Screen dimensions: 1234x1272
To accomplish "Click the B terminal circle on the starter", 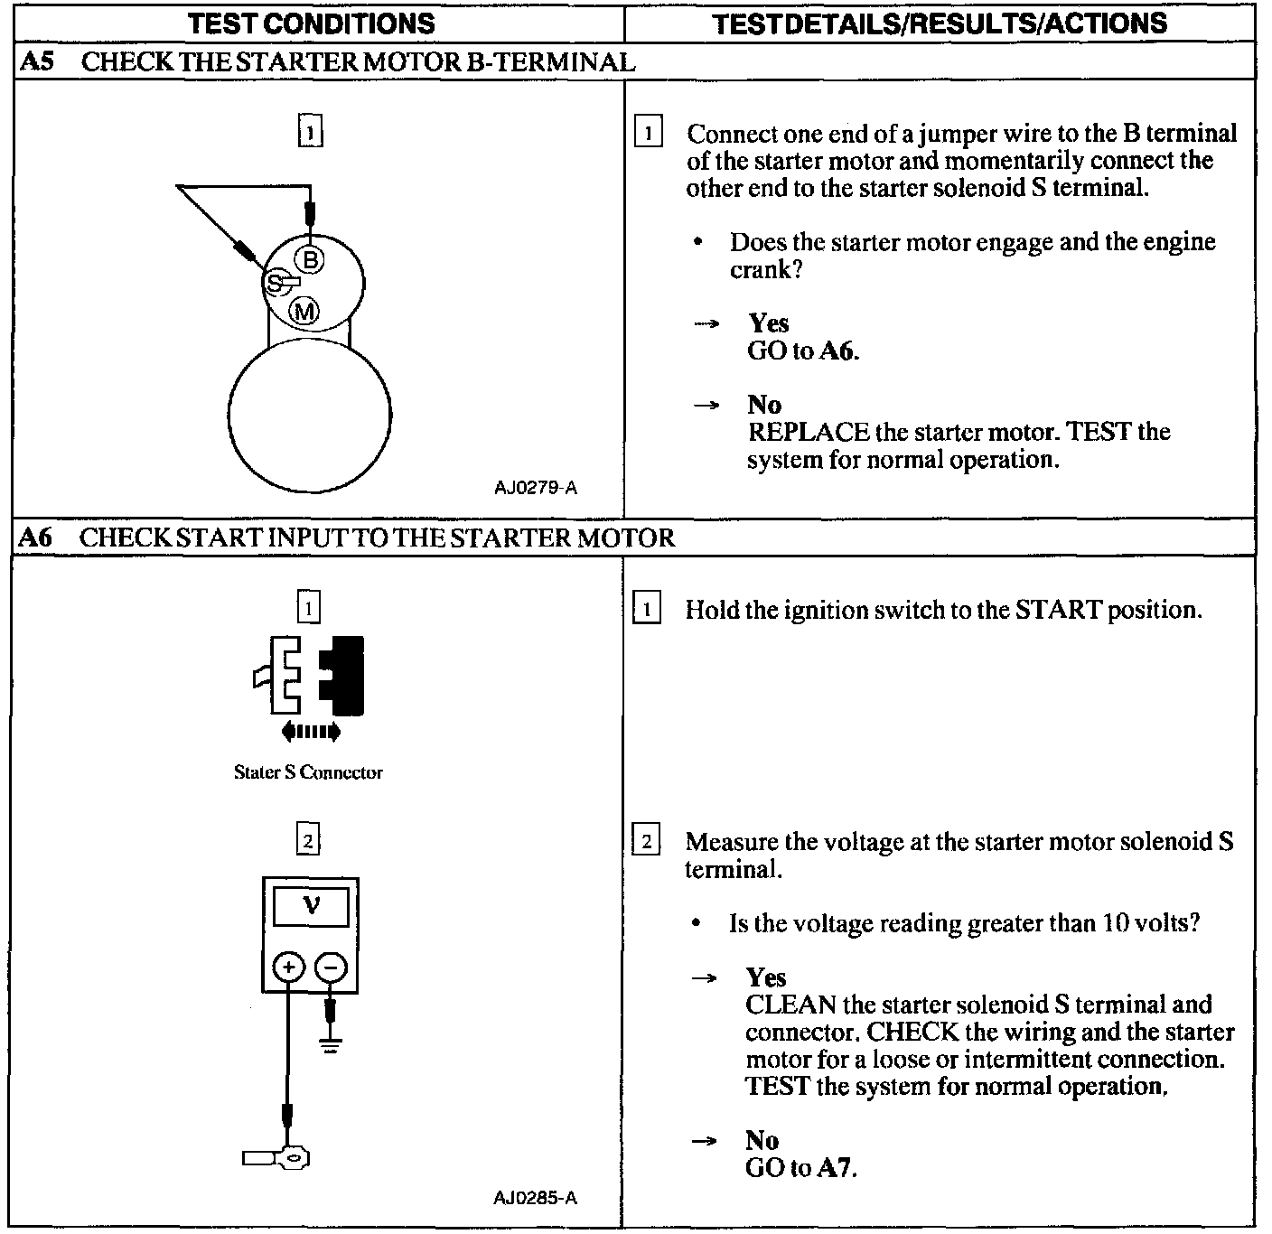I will pos(310,261).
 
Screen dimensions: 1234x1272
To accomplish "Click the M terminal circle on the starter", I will pos(304,312).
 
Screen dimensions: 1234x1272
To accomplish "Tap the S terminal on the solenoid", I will pos(274,283).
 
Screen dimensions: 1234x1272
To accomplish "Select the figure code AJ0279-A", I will pos(535,488).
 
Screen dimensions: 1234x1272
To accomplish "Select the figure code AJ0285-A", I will pos(535,1198).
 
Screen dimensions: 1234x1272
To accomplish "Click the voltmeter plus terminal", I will pos(288,968).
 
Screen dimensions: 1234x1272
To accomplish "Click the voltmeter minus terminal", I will pos(332,968).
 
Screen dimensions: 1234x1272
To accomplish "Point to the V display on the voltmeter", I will pos(311,904).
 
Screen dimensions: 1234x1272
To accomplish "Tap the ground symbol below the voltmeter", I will pos(332,1046).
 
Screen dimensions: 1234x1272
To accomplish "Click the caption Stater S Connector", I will pos(308,772).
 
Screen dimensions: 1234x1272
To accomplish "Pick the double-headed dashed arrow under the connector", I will pos(311,731).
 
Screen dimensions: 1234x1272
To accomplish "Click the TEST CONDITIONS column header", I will pos(311,23).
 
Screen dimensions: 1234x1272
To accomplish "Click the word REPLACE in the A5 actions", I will pos(808,432).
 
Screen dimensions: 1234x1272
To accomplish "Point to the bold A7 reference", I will pos(835,1167).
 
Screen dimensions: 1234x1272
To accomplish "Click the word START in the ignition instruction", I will pos(1058,610).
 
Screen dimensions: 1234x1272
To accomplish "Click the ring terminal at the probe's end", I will pos(294,1157).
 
